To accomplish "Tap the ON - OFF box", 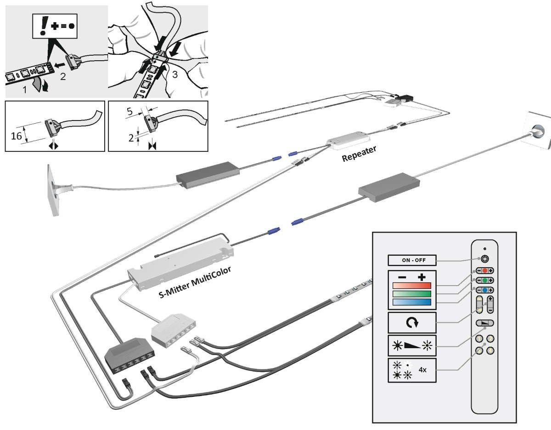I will pyautogui.click(x=412, y=260).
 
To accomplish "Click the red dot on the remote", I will pyautogui.click(x=484, y=270).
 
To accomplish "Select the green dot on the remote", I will pyautogui.click(x=484, y=280).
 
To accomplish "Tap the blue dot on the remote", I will pyautogui.click(x=484, y=290).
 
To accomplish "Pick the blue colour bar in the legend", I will pyautogui.click(x=411, y=302).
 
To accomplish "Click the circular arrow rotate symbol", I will pyautogui.click(x=411, y=322).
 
